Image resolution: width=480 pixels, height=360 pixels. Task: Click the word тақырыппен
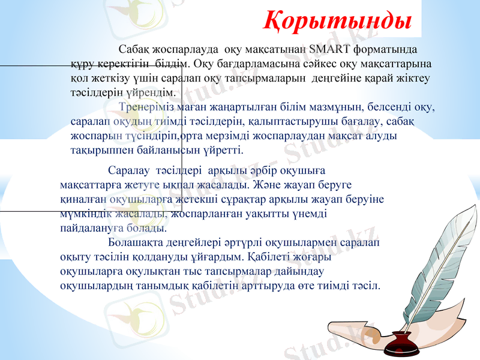98,150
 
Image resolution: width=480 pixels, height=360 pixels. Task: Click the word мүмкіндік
83,214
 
